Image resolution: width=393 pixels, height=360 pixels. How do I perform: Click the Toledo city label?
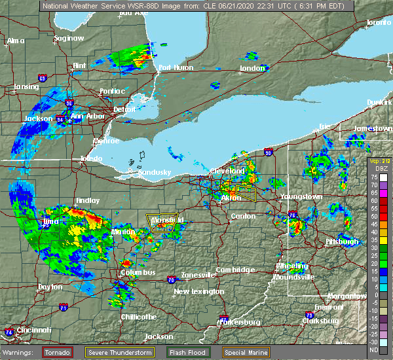91,158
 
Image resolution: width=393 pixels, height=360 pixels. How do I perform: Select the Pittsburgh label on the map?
342,242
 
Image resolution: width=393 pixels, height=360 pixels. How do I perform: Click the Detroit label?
124,109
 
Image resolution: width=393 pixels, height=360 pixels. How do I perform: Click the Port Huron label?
174,67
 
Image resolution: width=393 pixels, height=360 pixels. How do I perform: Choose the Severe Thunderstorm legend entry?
122,351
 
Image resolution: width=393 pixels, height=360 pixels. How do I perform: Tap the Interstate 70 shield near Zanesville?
171,278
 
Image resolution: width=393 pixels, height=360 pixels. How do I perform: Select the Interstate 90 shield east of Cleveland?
268,153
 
